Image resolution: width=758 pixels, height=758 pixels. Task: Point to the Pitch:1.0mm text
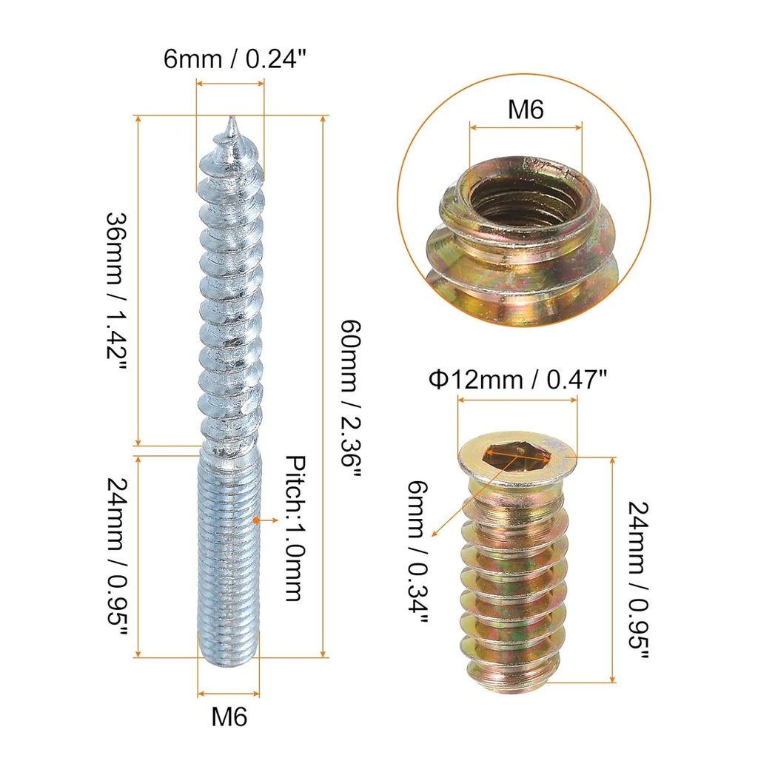coord(294,529)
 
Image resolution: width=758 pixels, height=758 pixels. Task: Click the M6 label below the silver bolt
coord(229,716)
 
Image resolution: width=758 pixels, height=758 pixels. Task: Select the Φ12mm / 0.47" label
coord(517,380)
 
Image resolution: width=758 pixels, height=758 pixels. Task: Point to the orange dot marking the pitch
coord(256,520)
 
